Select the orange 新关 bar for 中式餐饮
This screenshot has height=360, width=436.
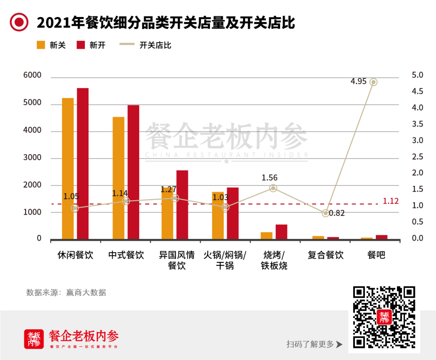point(118,178)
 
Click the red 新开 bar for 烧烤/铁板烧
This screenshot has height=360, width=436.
point(281,232)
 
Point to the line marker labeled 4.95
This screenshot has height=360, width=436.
point(373,82)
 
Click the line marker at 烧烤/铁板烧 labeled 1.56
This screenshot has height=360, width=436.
point(273,188)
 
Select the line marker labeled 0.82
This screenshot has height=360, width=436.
point(325,213)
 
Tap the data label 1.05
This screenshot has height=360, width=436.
point(71,197)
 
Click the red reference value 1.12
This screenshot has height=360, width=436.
point(390,201)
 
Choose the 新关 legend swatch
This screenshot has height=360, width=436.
point(41,45)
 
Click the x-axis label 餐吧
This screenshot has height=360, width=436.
point(376,255)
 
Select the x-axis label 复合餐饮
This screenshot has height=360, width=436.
point(325,255)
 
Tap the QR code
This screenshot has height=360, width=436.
point(384,317)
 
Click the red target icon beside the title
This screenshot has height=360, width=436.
point(19,22)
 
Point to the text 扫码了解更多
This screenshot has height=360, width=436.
point(310,344)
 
